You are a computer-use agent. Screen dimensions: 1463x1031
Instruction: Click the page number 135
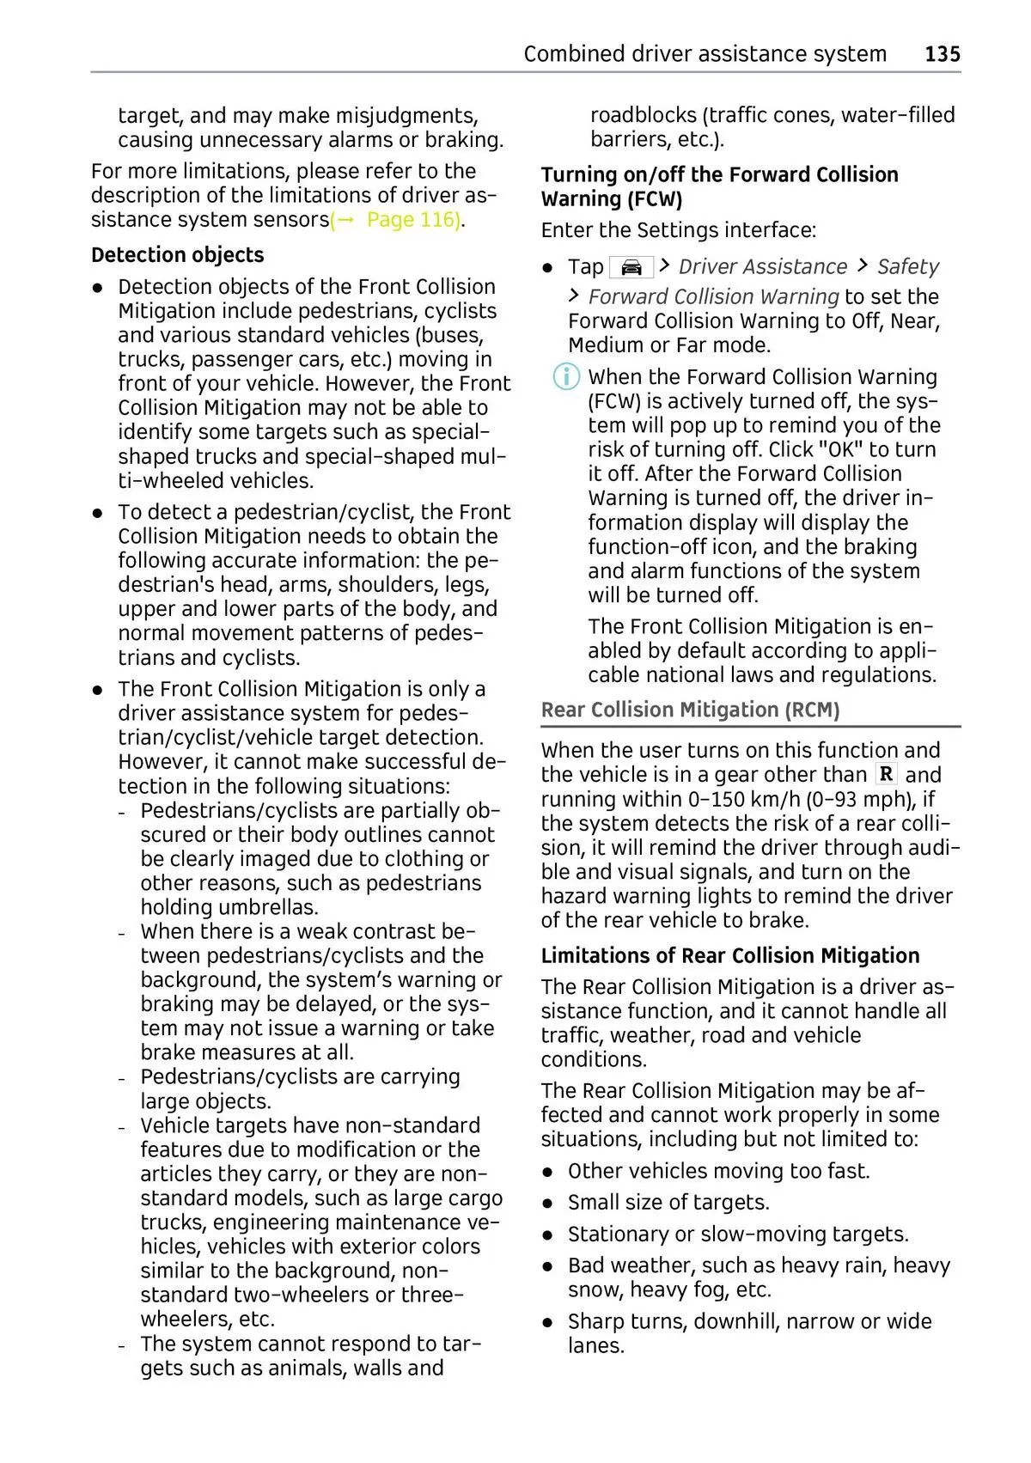point(942,54)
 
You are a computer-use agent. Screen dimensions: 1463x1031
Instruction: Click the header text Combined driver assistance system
point(705,54)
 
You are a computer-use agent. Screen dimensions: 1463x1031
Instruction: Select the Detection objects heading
point(177,255)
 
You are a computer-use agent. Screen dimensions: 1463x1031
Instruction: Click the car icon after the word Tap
point(631,267)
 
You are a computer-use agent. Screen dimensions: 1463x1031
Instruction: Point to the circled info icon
point(566,377)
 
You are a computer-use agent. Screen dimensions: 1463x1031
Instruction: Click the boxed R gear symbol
point(886,774)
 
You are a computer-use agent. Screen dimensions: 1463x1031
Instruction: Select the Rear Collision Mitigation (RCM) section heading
point(690,710)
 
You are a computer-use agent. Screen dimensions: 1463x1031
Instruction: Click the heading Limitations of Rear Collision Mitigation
point(729,955)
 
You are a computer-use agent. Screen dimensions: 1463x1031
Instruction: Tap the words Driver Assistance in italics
point(763,267)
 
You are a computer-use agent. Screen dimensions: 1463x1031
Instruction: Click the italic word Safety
point(907,267)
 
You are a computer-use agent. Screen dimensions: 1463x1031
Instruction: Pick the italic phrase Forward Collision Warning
point(713,297)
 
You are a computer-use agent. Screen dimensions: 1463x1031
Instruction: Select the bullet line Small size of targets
point(668,1203)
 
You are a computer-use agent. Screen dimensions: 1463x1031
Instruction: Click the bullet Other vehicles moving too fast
point(718,1171)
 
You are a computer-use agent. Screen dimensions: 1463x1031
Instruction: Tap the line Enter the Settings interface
point(678,230)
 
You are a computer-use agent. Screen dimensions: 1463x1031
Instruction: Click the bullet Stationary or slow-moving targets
point(737,1234)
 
